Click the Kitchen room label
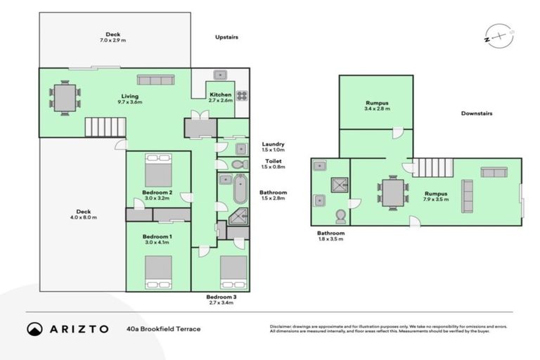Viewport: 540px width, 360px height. tap(218, 96)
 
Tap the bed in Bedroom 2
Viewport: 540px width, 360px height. tap(158, 169)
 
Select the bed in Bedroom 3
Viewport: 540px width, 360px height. tap(233, 272)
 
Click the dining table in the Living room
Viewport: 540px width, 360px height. tap(65, 98)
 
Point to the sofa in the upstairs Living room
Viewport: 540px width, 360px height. tap(155, 79)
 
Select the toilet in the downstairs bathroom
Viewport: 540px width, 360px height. tap(340, 215)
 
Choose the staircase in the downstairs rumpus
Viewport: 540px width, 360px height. tap(430, 167)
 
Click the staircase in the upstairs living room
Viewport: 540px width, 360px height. tap(105, 127)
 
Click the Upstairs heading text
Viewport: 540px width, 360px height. tap(229, 38)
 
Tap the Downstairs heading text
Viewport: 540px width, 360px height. tap(476, 113)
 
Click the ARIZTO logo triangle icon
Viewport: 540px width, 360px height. tap(34, 328)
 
